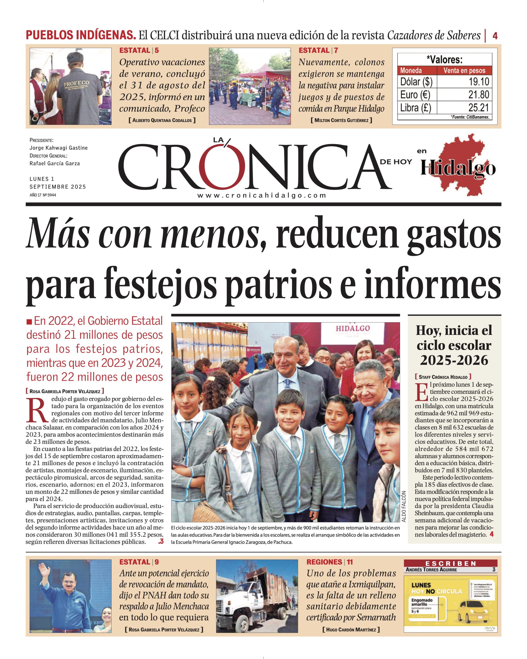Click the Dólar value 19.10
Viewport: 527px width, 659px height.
(x=479, y=82)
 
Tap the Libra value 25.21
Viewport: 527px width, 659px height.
(x=479, y=108)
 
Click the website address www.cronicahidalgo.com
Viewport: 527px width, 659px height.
(x=262, y=196)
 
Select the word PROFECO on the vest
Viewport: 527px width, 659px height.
(x=76, y=83)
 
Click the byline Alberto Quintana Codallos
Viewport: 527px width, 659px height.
(x=162, y=120)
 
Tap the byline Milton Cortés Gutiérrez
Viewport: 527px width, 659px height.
(x=341, y=120)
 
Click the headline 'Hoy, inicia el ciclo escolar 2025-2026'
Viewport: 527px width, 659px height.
(x=454, y=345)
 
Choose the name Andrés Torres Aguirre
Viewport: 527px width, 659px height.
(x=431, y=570)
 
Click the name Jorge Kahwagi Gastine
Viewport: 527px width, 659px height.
(x=58, y=148)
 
